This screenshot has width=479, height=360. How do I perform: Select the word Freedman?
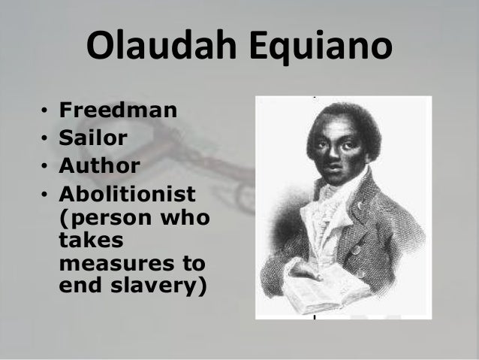tap(118, 112)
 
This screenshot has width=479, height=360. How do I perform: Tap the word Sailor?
tap(92, 138)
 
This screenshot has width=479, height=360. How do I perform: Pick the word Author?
tap(99, 165)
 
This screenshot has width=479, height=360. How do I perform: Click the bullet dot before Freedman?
tap(45, 113)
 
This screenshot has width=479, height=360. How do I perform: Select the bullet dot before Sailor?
tap(45, 139)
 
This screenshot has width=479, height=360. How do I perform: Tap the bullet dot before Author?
tap(45, 165)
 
